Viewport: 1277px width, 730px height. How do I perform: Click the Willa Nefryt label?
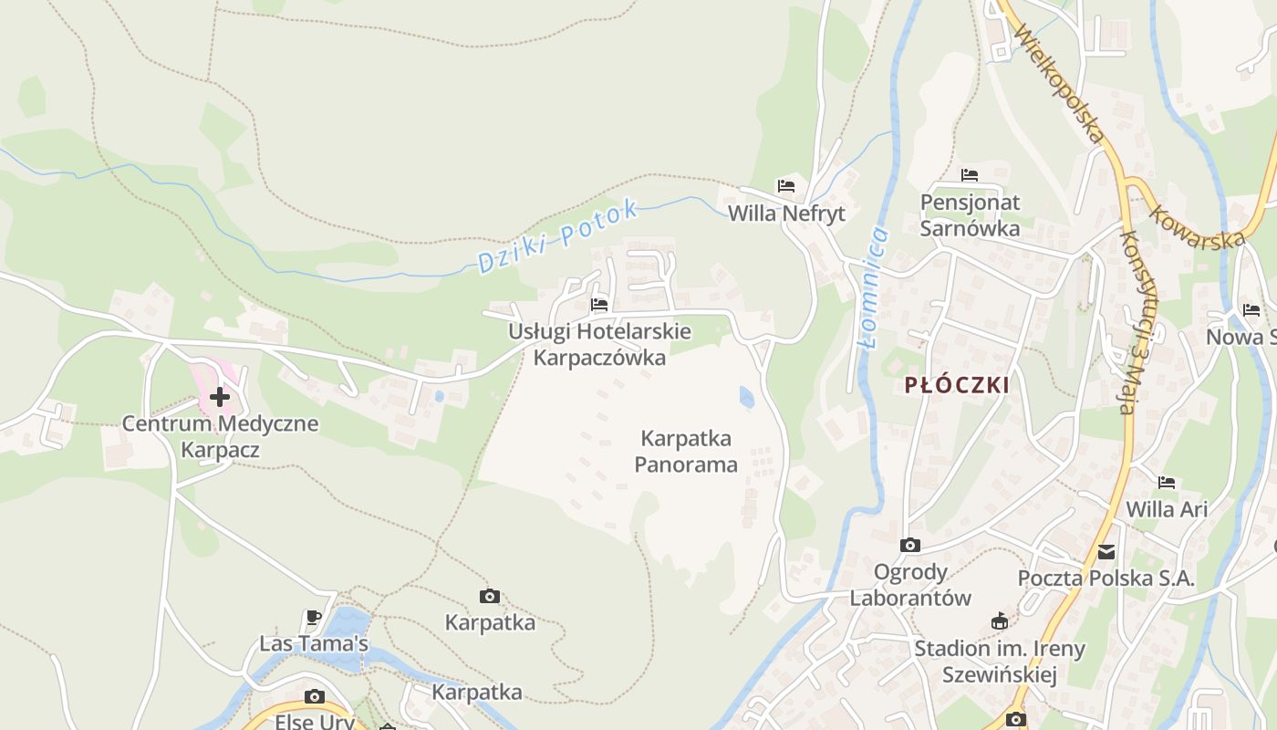click(x=786, y=214)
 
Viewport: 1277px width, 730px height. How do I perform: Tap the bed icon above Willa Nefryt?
click(x=786, y=186)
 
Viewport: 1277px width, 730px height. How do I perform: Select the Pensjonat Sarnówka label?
click(x=970, y=215)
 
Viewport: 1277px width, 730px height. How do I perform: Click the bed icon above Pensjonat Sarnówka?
click(x=970, y=174)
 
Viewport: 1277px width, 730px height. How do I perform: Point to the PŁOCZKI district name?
click(x=957, y=385)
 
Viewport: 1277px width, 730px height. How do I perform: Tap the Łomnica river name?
click(x=874, y=287)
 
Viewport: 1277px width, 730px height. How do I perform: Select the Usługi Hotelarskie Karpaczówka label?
click(x=599, y=344)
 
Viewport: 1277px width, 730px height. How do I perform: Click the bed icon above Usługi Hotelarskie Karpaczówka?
click(x=599, y=304)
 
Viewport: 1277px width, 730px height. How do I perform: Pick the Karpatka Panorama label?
click(x=686, y=451)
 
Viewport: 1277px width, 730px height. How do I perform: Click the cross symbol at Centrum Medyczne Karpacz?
click(x=220, y=397)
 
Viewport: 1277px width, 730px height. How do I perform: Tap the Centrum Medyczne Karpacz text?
click(x=220, y=436)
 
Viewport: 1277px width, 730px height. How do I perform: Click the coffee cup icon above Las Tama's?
click(x=314, y=617)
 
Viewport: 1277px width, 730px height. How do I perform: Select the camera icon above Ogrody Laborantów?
click(x=910, y=545)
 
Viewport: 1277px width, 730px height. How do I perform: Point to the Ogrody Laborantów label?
click(x=910, y=585)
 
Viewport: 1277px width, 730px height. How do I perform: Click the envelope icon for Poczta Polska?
click(x=1106, y=551)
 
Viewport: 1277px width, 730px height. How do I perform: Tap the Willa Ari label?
click(x=1167, y=509)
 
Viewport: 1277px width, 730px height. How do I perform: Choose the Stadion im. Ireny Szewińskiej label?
click(x=1000, y=662)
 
